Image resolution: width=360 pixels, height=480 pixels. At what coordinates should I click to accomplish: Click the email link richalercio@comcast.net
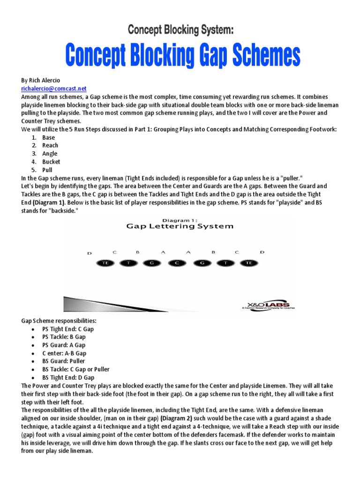pos(54,88)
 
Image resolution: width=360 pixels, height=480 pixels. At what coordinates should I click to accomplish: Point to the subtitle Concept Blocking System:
pos(180,30)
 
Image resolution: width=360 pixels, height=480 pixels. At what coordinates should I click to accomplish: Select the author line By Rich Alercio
pos(41,81)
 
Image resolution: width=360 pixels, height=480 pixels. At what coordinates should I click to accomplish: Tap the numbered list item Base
pos(48,137)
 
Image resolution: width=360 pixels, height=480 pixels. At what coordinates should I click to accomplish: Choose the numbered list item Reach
pos(50,145)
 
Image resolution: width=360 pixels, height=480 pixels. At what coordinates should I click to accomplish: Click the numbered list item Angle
pos(50,153)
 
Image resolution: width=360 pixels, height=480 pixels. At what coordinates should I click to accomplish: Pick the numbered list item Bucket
pos(51,162)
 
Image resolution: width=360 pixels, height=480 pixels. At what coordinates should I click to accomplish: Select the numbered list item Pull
pos(47,170)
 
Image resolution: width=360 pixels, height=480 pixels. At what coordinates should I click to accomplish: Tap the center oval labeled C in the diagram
pos(177,263)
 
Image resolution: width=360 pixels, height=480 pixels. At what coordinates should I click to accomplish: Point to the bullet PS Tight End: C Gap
pos(67,329)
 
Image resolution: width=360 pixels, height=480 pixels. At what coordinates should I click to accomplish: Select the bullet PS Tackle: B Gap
pos(64,337)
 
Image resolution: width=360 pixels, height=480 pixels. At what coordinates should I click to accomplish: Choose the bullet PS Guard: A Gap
pos(63,345)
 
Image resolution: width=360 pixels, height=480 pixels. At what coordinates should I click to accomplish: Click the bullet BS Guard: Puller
pos(64,361)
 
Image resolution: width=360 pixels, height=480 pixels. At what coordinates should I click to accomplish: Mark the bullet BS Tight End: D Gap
pos(68,377)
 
